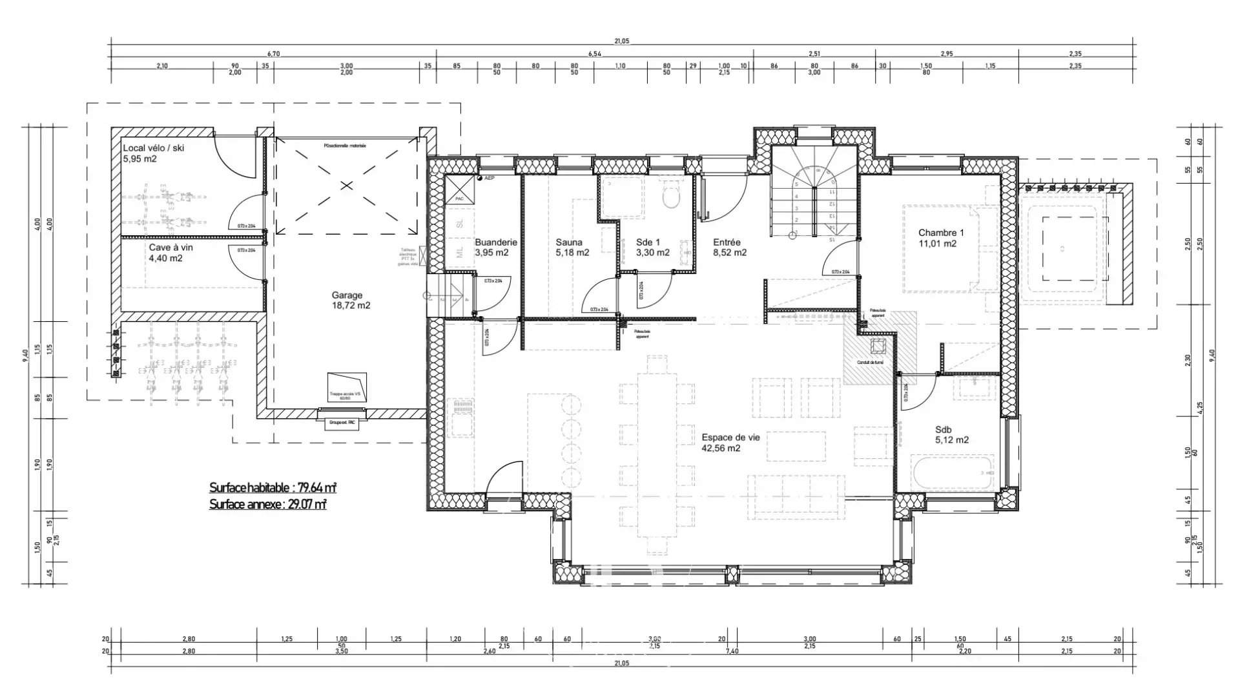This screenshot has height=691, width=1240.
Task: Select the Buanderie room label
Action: (495, 247)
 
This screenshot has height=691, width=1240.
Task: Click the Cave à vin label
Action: (170, 253)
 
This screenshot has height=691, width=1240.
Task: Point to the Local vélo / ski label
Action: (153, 153)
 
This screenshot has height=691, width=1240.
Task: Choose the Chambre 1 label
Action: (940, 238)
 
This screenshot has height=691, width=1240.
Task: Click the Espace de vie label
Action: (730, 443)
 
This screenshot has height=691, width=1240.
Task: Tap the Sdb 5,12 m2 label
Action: (951, 434)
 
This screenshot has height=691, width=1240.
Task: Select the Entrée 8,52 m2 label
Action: (729, 248)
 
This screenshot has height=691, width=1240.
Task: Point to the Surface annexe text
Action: (267, 504)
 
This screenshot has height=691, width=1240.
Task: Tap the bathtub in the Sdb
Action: (952, 474)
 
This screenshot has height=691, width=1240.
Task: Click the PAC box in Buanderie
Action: (459, 191)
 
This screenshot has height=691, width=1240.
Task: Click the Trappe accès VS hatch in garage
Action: (347, 386)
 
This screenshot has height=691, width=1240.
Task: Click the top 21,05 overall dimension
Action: (621, 41)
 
